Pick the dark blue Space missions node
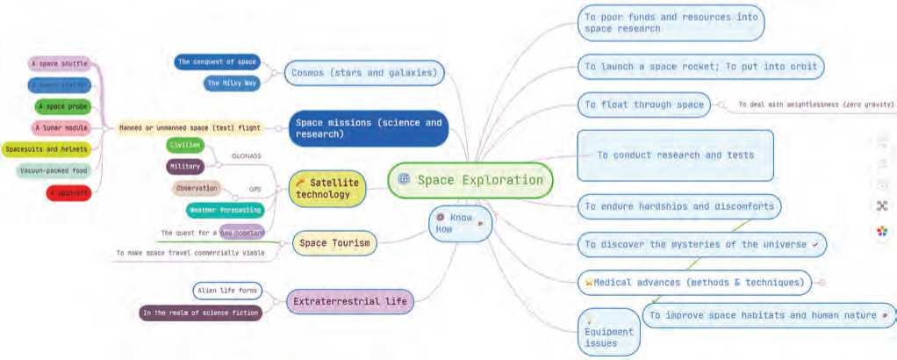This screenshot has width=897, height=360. click(368, 128)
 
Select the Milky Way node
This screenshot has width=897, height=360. click(232, 83)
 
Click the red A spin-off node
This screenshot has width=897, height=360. click(68, 191)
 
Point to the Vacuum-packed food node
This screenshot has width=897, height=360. click(53, 169)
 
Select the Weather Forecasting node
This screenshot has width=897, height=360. click(224, 210)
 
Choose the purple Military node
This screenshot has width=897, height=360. click(184, 165)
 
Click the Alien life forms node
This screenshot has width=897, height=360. click(226, 291)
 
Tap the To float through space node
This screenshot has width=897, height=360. click(644, 104)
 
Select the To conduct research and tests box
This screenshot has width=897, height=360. click(675, 155)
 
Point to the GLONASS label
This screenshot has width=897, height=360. click(245, 155)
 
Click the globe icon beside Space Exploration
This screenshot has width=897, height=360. click(404, 180)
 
